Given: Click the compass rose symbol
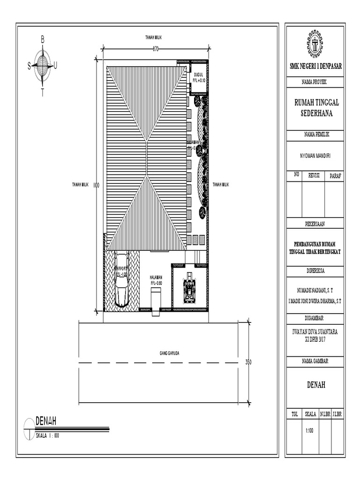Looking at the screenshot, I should (43, 66).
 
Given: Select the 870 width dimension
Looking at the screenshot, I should (155, 49).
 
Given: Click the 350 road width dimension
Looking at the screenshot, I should (249, 362).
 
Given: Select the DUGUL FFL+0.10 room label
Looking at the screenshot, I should (199, 78).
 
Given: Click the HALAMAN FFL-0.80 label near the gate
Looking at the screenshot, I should (156, 280).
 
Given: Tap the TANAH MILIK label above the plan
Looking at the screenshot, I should (156, 37).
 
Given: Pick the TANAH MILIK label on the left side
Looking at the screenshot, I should (80, 185).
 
